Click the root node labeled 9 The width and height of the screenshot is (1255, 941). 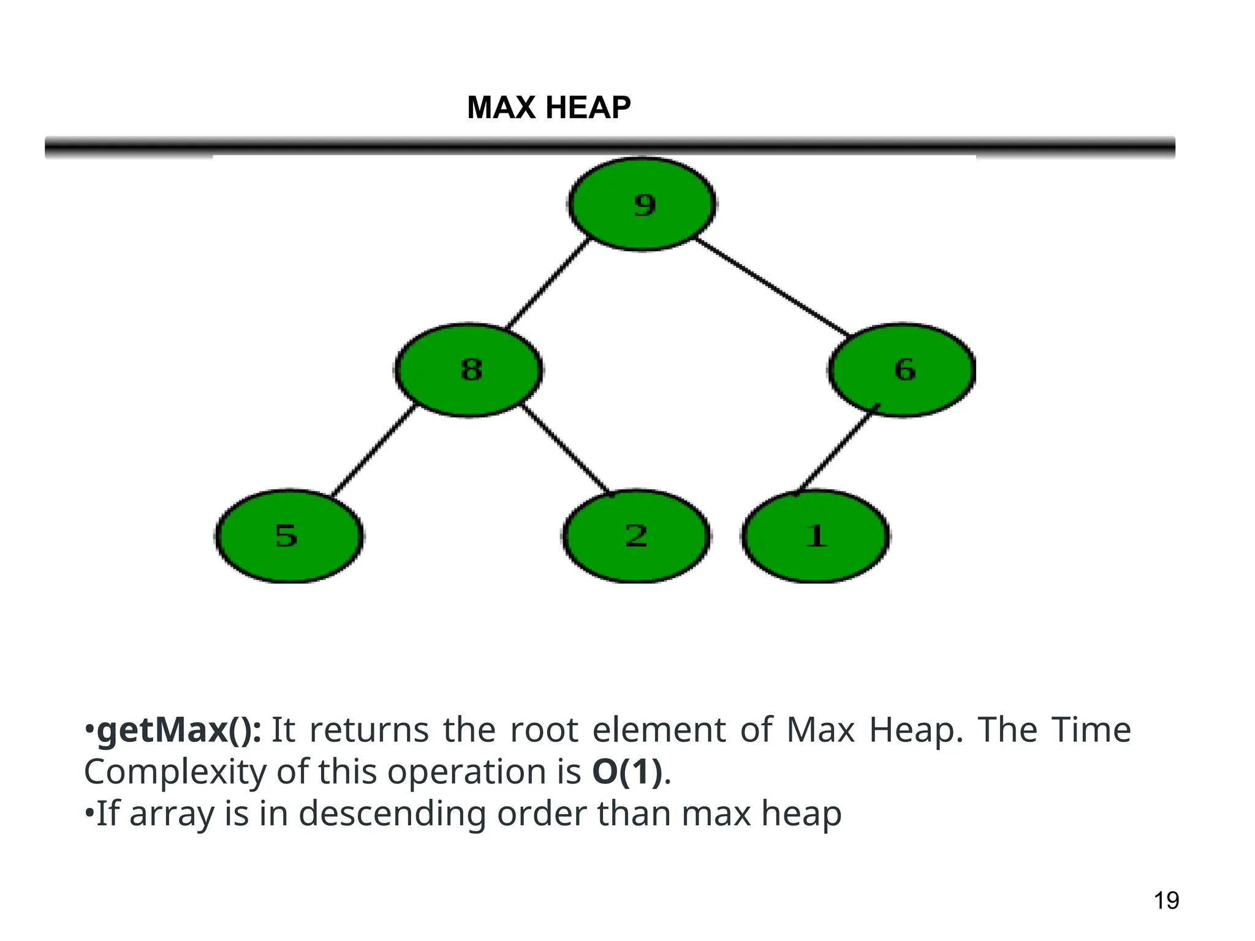pyautogui.click(x=642, y=204)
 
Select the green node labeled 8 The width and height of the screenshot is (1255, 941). pyautogui.click(x=469, y=370)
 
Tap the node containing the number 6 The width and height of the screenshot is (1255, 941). pyautogui.click(x=902, y=370)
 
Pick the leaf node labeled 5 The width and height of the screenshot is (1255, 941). pyautogui.click(x=289, y=536)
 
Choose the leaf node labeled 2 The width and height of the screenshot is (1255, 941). pyautogui.click(x=636, y=536)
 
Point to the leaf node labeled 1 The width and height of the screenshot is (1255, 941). pyautogui.click(x=815, y=536)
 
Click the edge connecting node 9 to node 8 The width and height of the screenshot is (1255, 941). pyautogui.click(x=547, y=283)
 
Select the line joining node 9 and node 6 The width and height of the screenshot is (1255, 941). pyautogui.click(x=772, y=287)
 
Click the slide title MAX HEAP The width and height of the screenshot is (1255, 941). pyautogui.click(x=548, y=108)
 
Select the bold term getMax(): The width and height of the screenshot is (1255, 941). pyautogui.click(x=179, y=730)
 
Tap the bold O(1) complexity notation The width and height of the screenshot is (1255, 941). pyautogui.click(x=627, y=772)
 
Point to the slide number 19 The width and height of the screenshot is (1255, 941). pyautogui.click(x=1166, y=901)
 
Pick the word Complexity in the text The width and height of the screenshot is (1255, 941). pyautogui.click(x=175, y=772)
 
